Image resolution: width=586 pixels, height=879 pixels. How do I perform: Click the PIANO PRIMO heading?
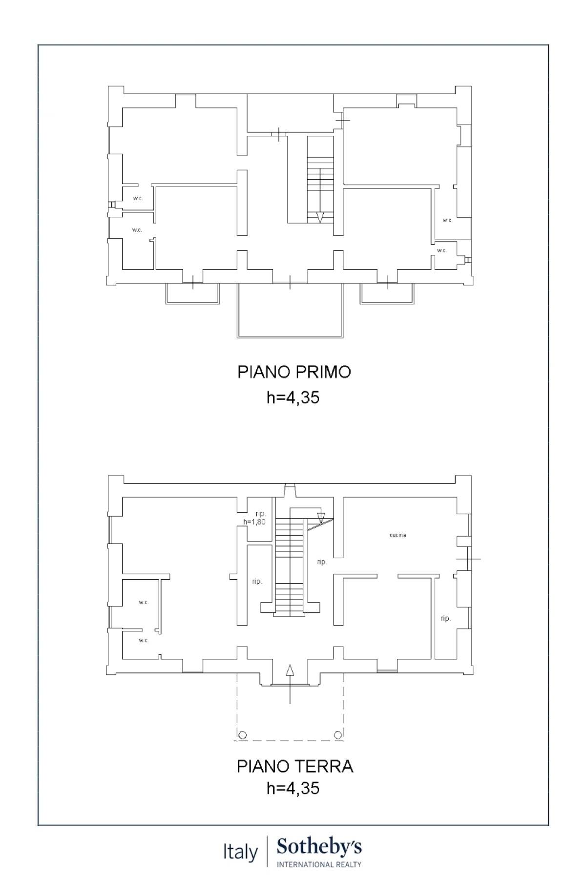pyautogui.click(x=294, y=372)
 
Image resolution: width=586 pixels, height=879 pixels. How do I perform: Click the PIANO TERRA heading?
pyautogui.click(x=295, y=766)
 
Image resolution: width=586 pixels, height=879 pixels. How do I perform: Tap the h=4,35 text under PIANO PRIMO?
pyautogui.click(x=293, y=398)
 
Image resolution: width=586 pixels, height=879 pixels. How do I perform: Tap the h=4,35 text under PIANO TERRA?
pyautogui.click(x=293, y=788)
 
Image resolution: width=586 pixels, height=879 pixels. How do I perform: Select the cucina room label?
pyautogui.click(x=398, y=535)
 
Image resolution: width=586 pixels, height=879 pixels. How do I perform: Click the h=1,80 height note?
pyautogui.click(x=254, y=522)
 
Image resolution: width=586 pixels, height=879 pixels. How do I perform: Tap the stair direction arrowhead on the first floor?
pyautogui.click(x=320, y=217)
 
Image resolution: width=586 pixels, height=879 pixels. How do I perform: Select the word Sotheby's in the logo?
pyautogui.click(x=319, y=847)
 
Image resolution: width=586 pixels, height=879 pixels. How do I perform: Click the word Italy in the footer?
pyautogui.click(x=240, y=852)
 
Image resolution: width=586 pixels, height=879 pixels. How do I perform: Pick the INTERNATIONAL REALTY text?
pyautogui.click(x=319, y=864)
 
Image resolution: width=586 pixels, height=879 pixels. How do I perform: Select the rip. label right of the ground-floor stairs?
pyautogui.click(x=321, y=562)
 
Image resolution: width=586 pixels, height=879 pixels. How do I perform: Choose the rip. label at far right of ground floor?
pyautogui.click(x=445, y=618)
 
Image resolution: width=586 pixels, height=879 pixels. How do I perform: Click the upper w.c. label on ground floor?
pyautogui.click(x=143, y=602)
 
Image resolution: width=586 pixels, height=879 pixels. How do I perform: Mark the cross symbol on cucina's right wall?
pyautogui.click(x=468, y=558)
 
